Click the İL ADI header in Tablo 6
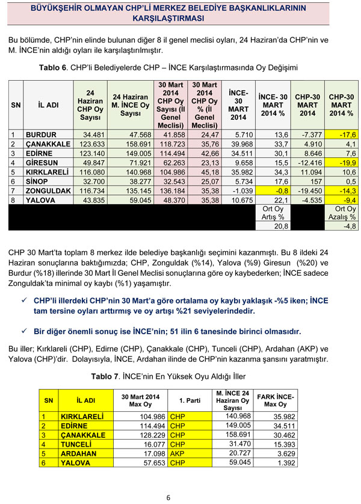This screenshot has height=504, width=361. pos(48,105)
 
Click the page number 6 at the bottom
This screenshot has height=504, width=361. pos(168,497)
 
